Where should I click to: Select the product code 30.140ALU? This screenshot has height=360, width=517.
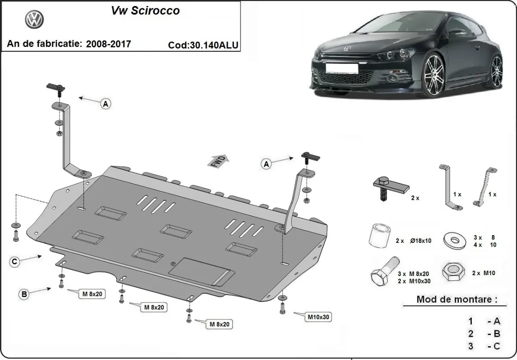pyautogui.click(x=204, y=45)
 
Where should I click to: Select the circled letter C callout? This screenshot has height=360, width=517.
pyautogui.click(x=15, y=262)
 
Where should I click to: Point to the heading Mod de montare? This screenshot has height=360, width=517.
pyautogui.click(x=457, y=299)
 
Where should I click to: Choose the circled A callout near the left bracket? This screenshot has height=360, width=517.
pyautogui.click(x=106, y=103)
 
